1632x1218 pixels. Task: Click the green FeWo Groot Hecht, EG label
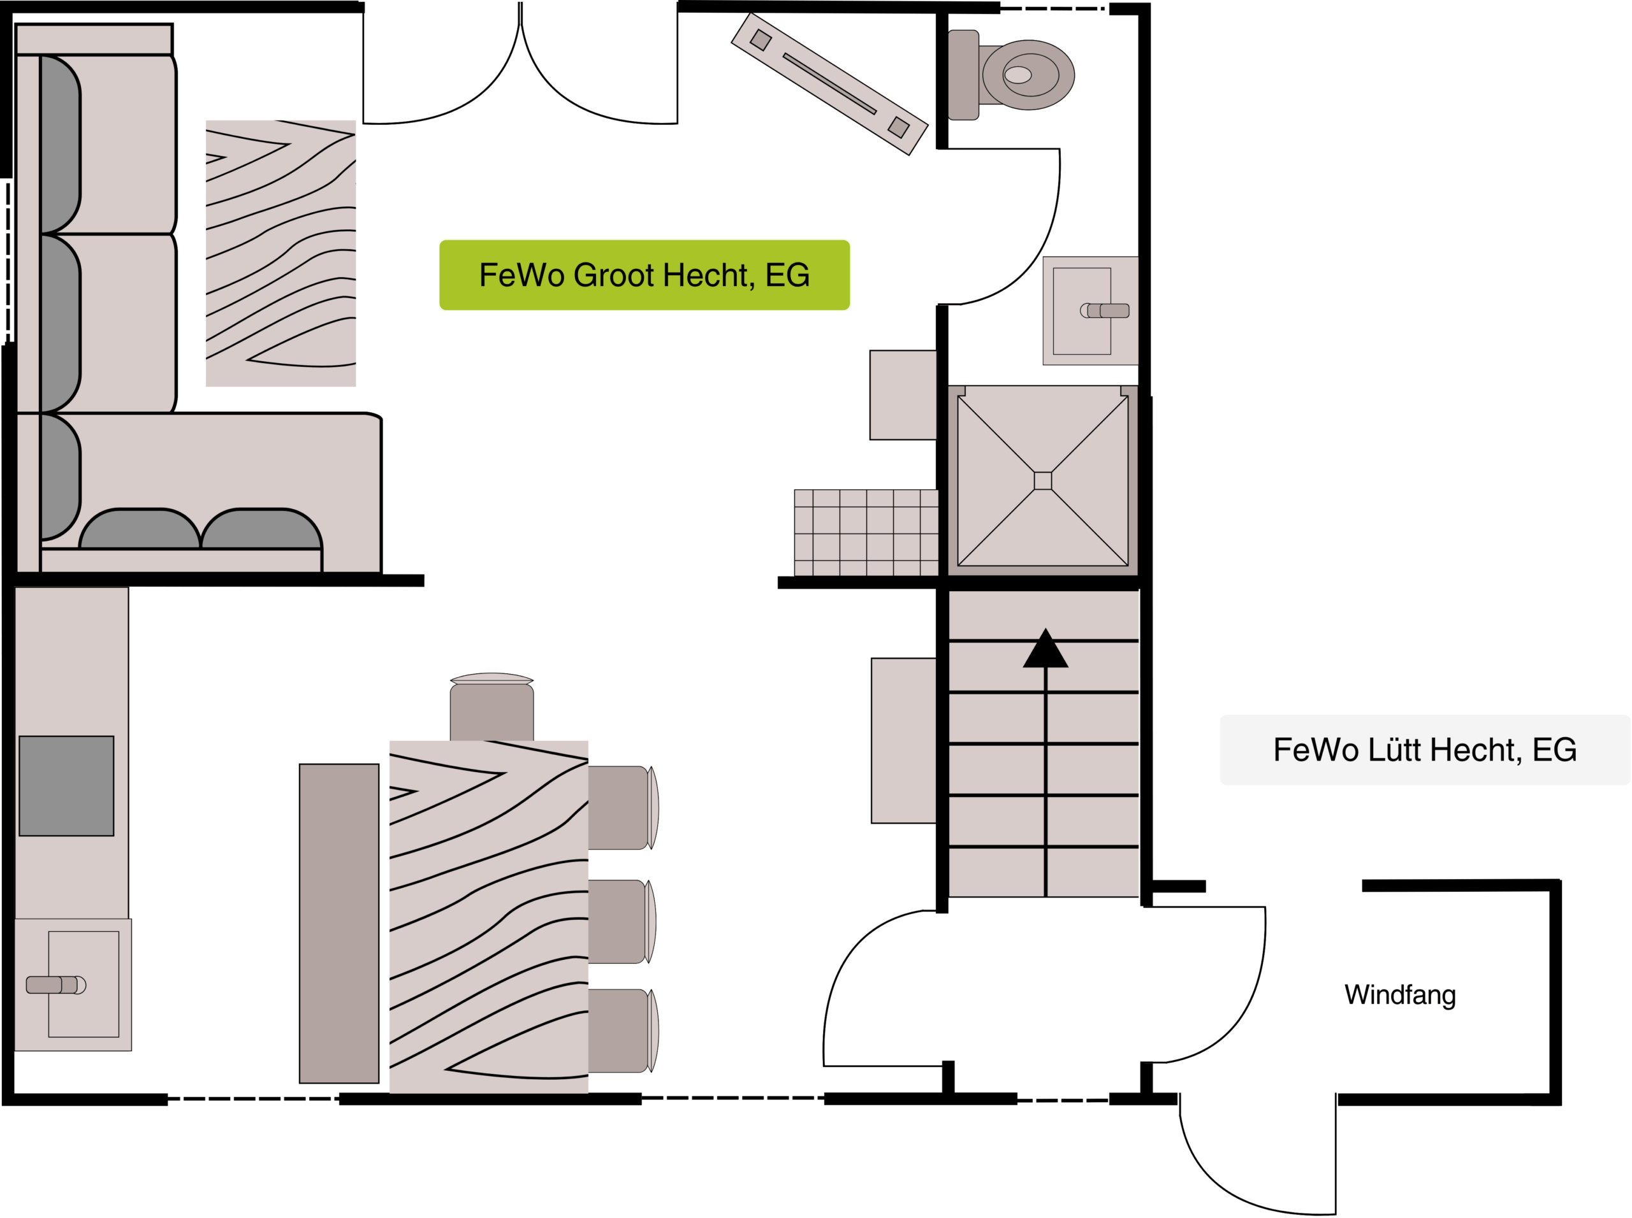[644, 275]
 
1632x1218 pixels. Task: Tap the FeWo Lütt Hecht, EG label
[1425, 750]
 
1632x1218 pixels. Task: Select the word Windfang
[1399, 994]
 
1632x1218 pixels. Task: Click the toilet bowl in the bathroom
[1028, 75]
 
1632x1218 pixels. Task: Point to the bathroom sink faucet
[1105, 310]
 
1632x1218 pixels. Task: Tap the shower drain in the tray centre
[1042, 481]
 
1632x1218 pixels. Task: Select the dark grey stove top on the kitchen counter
[66, 786]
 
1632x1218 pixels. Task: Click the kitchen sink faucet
[56, 985]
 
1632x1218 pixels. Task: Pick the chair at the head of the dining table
[492, 707]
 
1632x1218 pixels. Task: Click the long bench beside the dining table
[339, 923]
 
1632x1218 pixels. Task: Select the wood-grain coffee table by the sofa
[280, 253]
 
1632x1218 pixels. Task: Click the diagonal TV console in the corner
[829, 83]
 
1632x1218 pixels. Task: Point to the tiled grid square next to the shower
[866, 533]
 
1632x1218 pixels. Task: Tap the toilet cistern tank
[963, 75]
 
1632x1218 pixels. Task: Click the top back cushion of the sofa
[60, 145]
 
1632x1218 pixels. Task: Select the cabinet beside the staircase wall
[904, 740]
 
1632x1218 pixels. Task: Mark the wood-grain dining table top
[488, 917]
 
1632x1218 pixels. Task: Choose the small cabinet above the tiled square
[903, 395]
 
